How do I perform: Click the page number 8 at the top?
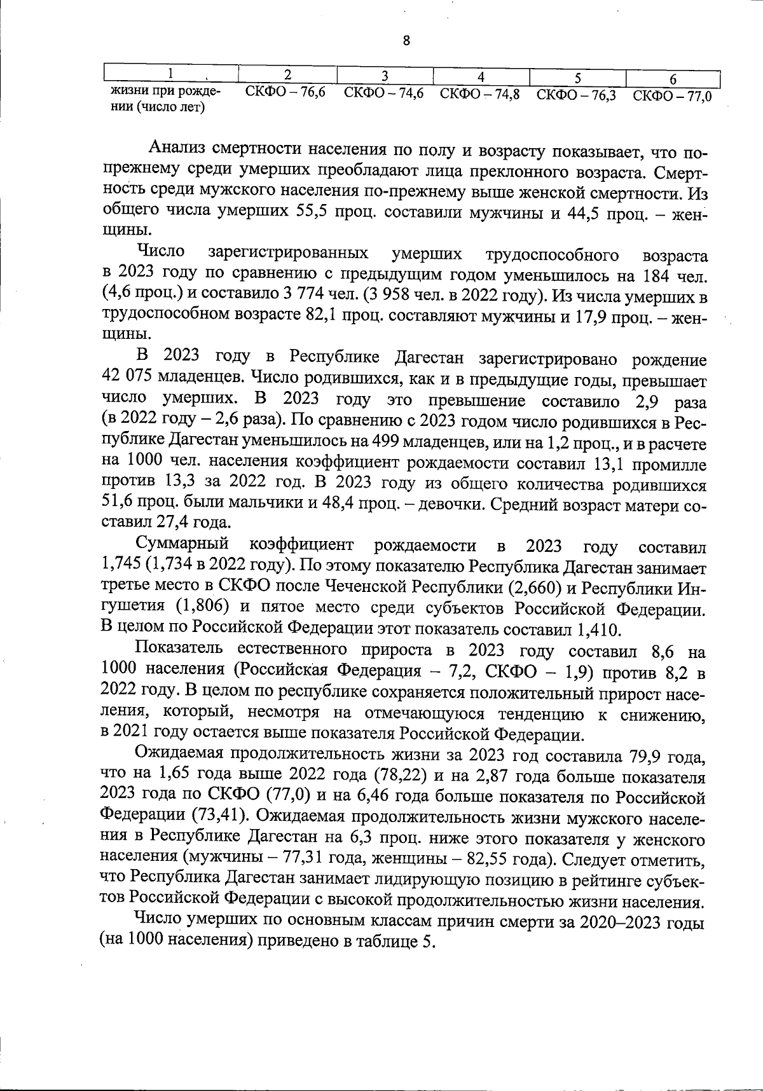[406, 41]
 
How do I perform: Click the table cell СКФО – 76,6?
[285, 93]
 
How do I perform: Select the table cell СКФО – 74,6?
[383, 93]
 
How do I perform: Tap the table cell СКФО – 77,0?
[672, 96]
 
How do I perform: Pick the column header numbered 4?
[481, 77]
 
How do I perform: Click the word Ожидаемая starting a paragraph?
[177, 755]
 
